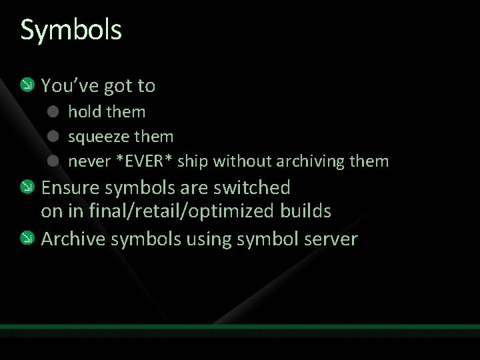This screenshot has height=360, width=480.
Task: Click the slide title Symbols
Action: tap(71, 30)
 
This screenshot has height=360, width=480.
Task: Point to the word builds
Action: tap(306, 211)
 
